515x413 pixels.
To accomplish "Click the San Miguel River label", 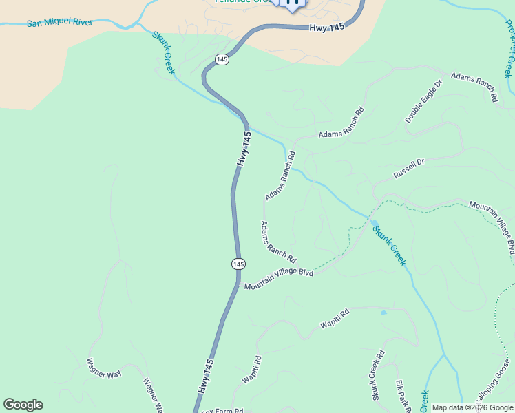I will (59, 23).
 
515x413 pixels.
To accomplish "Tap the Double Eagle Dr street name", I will (423, 103).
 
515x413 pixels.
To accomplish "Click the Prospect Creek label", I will (509, 48).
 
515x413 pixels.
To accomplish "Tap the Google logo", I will (23, 405).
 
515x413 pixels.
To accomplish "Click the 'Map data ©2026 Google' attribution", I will (472, 407).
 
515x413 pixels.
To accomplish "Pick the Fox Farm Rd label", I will (222, 410).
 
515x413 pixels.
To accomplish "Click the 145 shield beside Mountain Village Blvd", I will (238, 264).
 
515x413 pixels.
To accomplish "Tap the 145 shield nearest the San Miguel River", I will (221, 60).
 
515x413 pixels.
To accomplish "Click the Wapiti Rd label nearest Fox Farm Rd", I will (251, 370).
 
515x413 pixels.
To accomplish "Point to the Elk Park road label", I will (403, 396).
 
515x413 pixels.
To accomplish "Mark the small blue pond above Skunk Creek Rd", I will (383, 313).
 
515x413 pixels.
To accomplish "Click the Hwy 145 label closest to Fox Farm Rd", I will (206, 376).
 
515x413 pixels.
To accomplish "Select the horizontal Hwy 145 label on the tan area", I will (326, 28).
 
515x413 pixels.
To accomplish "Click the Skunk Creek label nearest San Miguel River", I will (164, 52).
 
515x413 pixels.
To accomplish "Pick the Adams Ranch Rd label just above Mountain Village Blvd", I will (277, 242).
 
